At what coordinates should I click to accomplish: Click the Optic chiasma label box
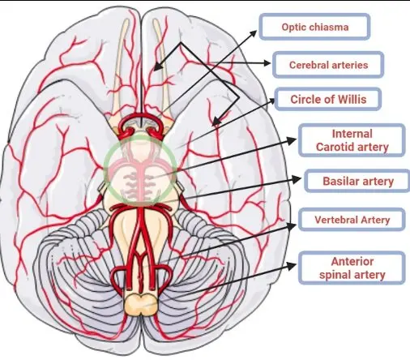(314, 27)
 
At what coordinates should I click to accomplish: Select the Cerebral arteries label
(328, 65)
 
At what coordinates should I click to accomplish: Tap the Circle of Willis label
(328, 99)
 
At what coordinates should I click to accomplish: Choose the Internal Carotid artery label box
(352, 140)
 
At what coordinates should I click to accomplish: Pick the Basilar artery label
(357, 181)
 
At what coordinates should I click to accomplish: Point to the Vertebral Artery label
(352, 220)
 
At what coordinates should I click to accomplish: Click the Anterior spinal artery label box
(352, 268)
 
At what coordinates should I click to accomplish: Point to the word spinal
(334, 275)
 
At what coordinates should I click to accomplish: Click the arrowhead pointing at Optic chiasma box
(254, 33)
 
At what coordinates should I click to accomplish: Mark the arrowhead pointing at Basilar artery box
(297, 179)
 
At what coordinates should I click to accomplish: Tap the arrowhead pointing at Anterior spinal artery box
(292, 266)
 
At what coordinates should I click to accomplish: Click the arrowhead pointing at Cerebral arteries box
(267, 63)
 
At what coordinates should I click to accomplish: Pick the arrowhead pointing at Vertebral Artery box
(292, 226)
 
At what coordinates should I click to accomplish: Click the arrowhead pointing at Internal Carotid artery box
(292, 140)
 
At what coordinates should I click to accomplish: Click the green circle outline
(105, 168)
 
